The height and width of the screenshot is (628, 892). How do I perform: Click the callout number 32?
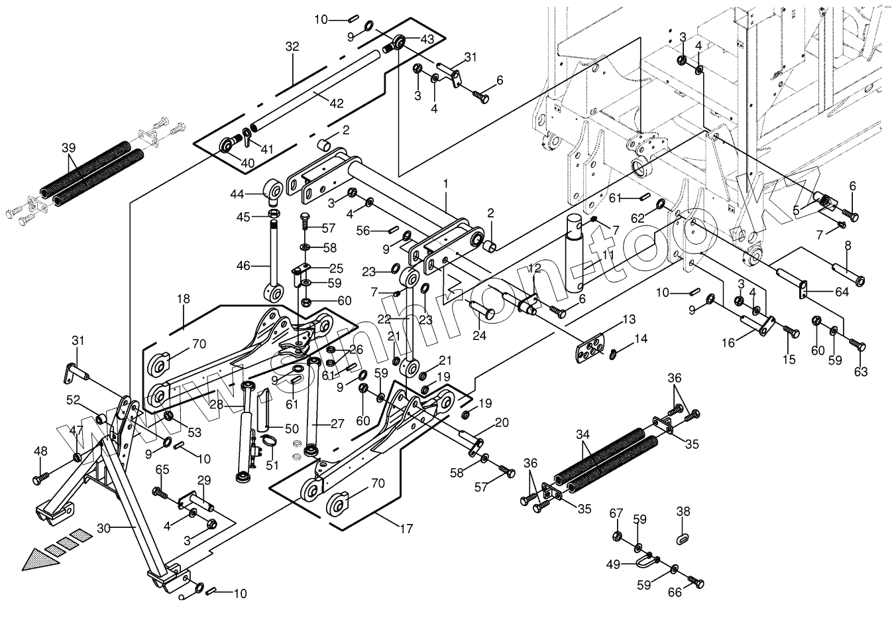tap(292, 46)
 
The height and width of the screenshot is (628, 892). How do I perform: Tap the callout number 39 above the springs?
tap(68, 148)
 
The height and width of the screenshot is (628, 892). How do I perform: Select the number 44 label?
tap(237, 194)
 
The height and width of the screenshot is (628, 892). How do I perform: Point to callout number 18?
tap(184, 299)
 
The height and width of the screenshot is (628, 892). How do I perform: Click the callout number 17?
tap(407, 529)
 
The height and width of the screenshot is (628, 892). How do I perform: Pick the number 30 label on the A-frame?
tap(103, 529)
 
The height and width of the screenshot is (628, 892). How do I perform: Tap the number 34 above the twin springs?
tap(583, 434)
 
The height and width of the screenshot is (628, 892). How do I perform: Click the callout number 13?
tap(629, 319)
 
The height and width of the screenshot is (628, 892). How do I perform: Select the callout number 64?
tap(842, 292)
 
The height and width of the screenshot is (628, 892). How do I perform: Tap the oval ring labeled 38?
tap(683, 540)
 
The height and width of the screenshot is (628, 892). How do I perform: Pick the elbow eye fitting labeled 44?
tap(273, 191)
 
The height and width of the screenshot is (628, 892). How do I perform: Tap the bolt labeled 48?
tap(40, 478)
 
